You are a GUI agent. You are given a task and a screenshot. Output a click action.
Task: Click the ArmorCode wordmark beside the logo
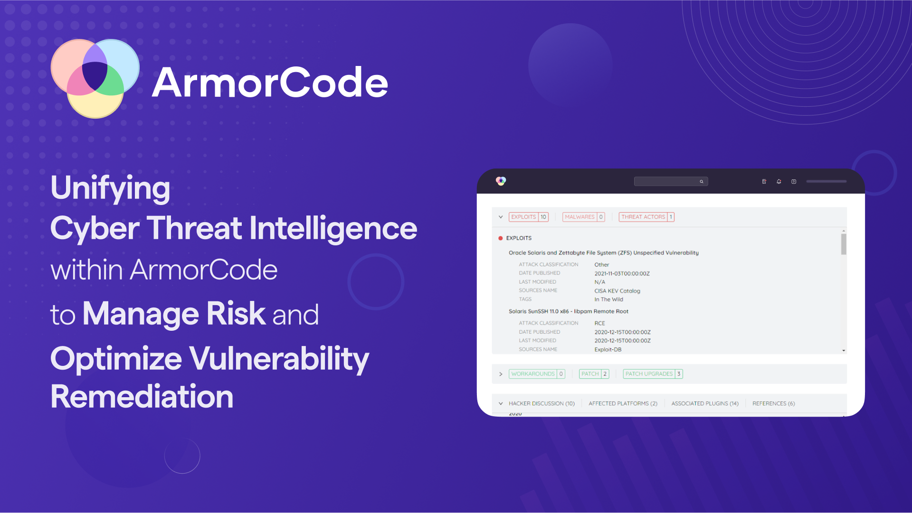click(270, 83)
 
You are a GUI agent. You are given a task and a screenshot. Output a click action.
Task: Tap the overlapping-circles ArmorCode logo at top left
click(95, 78)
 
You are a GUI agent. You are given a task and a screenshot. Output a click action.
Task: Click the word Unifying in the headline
click(110, 188)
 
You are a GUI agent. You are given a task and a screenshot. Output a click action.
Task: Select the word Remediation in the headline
click(142, 397)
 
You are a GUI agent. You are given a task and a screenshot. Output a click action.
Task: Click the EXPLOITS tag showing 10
click(528, 217)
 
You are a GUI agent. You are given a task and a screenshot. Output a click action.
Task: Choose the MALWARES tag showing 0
click(583, 217)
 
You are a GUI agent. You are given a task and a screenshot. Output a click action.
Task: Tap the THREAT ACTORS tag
click(646, 217)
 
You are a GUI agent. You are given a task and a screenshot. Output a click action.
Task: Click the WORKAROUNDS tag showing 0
click(537, 374)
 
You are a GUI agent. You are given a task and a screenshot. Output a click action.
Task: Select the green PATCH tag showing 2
click(594, 374)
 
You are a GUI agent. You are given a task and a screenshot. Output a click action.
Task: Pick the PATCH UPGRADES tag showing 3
click(653, 374)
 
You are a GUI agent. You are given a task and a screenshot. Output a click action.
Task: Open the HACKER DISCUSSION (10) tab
click(541, 403)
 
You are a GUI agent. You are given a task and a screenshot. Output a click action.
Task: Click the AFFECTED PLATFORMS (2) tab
click(623, 403)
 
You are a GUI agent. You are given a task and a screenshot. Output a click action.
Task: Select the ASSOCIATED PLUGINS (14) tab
click(705, 403)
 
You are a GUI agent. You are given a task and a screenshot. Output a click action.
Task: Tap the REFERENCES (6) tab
click(773, 403)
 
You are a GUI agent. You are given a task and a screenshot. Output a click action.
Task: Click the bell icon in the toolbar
click(779, 181)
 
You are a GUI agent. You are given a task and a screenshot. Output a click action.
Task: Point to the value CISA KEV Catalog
click(617, 291)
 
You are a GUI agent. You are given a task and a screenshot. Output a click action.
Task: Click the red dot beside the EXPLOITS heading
click(500, 238)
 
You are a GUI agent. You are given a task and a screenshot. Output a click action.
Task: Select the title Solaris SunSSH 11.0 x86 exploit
click(568, 311)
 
